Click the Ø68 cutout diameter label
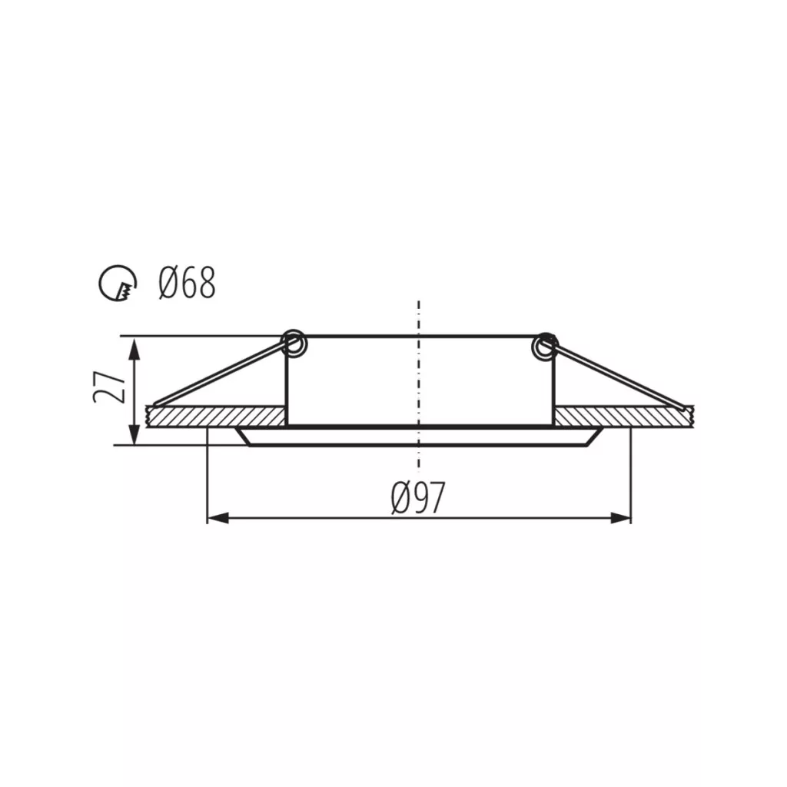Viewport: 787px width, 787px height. point(187,283)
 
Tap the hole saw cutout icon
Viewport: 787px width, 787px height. point(118,283)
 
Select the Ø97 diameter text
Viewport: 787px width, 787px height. point(418,498)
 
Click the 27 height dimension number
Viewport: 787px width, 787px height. point(108,387)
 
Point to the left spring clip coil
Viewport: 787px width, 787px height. point(294,344)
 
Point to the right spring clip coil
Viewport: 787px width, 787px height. point(545,345)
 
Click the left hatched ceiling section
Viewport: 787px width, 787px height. point(216,417)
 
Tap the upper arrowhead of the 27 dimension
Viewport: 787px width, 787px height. point(134,348)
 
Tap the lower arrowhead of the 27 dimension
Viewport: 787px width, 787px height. point(134,434)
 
